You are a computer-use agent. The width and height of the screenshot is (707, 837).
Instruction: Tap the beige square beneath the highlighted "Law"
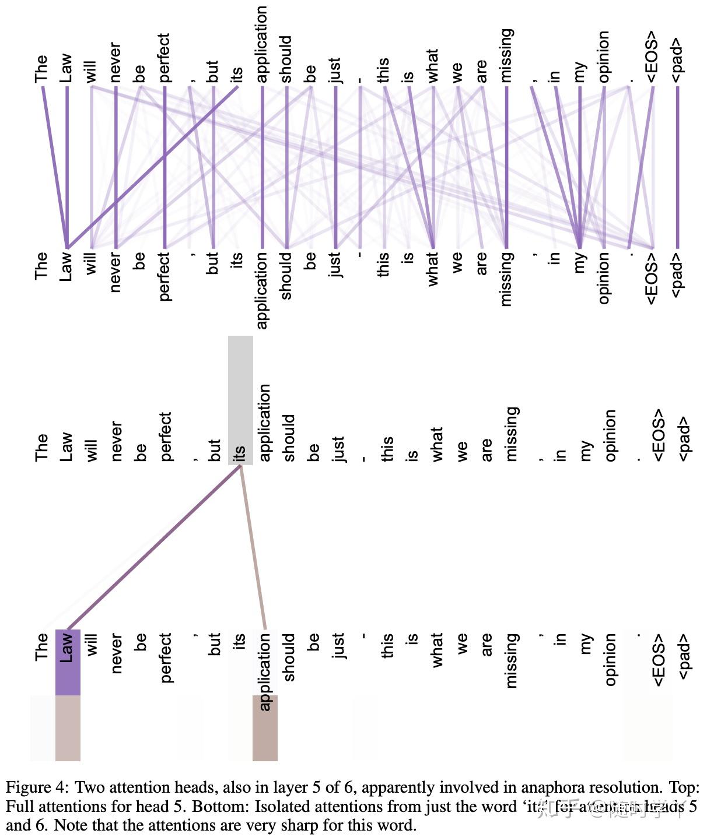(x=68, y=728)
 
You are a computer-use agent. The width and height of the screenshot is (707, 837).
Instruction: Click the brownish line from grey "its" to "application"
(x=253, y=548)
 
